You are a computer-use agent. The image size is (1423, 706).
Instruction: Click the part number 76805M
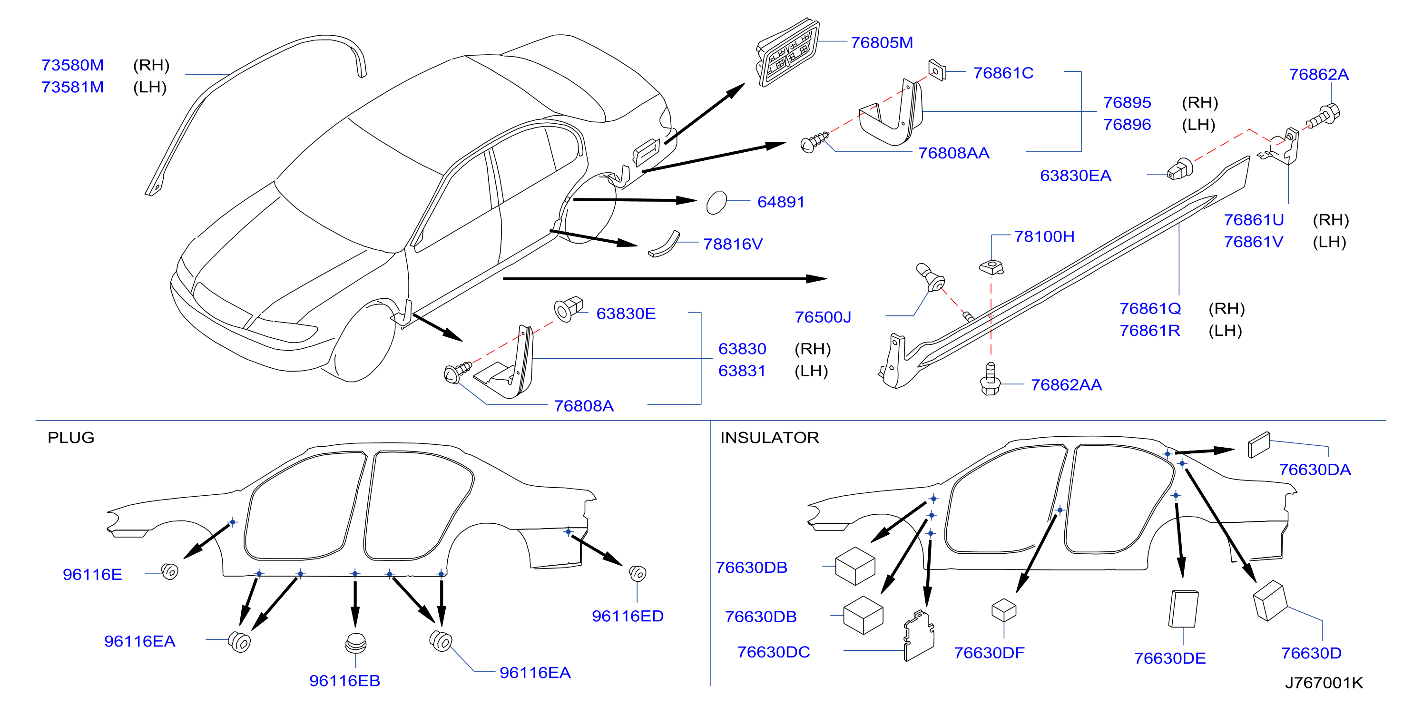click(882, 42)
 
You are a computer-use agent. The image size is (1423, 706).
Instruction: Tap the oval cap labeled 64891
click(716, 203)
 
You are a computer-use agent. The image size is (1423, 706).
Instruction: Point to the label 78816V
click(733, 244)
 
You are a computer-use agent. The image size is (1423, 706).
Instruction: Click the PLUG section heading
click(71, 438)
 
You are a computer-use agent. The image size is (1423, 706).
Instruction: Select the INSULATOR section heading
click(769, 438)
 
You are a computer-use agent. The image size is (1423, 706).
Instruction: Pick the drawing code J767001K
click(1324, 683)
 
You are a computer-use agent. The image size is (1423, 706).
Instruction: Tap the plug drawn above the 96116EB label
click(356, 643)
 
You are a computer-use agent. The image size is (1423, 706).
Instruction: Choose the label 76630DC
click(774, 652)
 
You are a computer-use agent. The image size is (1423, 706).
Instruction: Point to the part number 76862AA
click(1066, 384)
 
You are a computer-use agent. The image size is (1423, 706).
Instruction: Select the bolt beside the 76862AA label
click(990, 379)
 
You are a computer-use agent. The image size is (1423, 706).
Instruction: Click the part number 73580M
click(72, 65)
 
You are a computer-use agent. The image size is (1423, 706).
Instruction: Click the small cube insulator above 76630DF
click(1004, 610)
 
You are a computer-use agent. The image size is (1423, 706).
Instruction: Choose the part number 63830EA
click(1075, 176)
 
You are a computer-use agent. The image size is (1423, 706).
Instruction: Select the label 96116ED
click(628, 616)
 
